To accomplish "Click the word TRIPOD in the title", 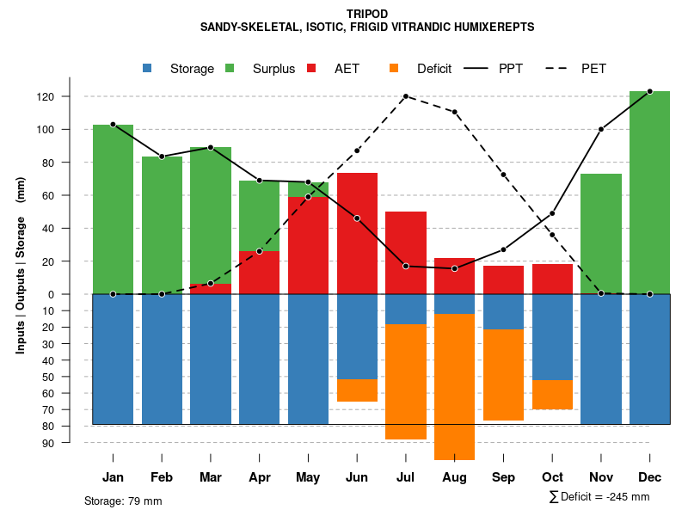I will [367, 14].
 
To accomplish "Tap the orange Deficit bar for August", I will [454, 387].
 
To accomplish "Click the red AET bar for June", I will [357, 233].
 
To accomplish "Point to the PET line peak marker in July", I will [405, 96].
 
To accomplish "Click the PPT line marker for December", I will [649, 91].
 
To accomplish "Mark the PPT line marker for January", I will [113, 125].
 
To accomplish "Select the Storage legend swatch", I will [148, 68].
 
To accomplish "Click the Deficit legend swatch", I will [394, 68].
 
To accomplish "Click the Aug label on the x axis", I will [454, 477].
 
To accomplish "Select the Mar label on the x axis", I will [211, 477].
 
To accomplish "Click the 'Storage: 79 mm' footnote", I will [123, 501].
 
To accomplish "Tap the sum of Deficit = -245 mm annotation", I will [599, 497].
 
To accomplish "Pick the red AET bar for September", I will [503, 279].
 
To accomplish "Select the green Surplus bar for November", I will [601, 234].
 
